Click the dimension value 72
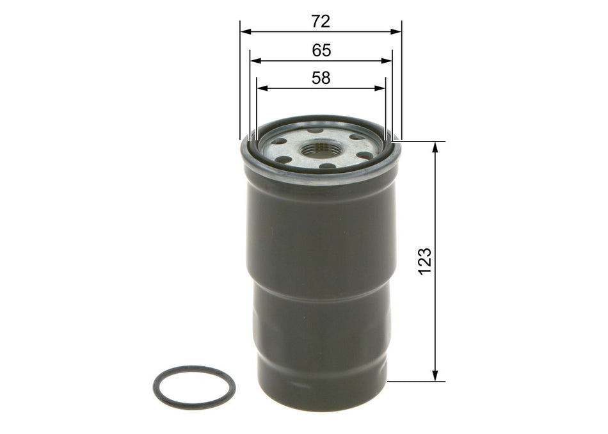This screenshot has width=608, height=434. tap(321, 22)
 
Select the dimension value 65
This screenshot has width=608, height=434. tap(321, 51)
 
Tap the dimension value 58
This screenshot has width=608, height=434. tap(321, 78)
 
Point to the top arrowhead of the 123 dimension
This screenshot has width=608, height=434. tap(436, 146)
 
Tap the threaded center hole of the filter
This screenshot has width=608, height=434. tap(316, 149)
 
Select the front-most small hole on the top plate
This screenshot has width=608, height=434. tap(326, 167)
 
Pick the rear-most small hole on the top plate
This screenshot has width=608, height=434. tap(317, 130)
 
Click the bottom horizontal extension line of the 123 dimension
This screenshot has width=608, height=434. tap(416, 382)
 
